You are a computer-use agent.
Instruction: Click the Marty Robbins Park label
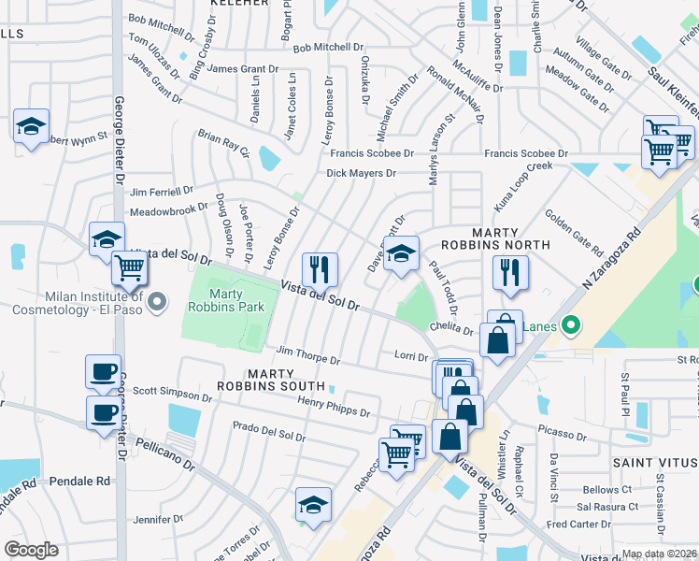point(225,298)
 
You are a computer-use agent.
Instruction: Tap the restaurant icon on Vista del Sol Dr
point(319,269)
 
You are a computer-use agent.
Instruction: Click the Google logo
point(31,549)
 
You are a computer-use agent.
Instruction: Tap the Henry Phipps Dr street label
point(334,407)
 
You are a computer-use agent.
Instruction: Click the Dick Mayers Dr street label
point(361,173)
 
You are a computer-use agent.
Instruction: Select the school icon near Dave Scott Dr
point(401,253)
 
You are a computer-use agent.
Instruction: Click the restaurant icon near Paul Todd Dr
point(509,272)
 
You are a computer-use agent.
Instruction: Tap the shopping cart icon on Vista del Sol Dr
point(129,268)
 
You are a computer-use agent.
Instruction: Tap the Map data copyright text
point(659,554)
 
